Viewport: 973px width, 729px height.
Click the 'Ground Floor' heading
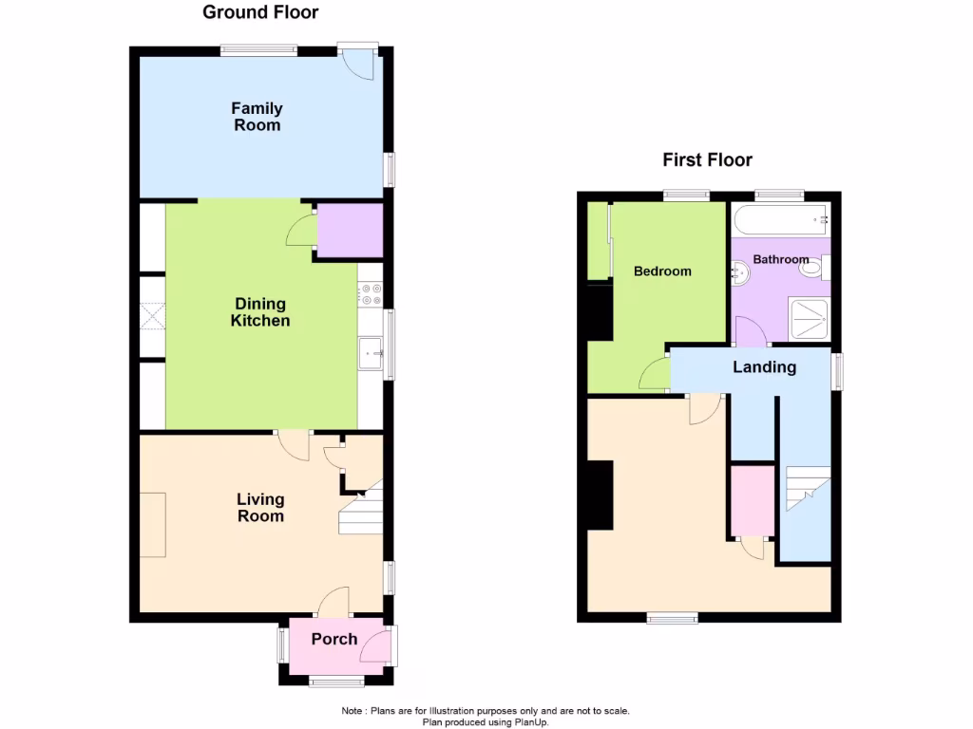pos(260,12)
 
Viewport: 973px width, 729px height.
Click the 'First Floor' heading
pos(707,159)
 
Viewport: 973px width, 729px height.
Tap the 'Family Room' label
pos(257,117)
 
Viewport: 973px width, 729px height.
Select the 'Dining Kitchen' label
pos(260,312)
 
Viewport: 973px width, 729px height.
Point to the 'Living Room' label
pos(260,508)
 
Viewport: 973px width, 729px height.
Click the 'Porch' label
pos(334,639)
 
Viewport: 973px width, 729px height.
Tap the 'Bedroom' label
pos(662,271)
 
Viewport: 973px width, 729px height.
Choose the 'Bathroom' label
pos(781,259)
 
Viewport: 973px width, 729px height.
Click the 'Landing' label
pos(764,367)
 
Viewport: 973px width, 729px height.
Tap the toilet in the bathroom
pos(811,269)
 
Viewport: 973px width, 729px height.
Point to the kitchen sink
pos(370,353)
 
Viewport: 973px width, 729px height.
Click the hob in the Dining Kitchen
pos(370,296)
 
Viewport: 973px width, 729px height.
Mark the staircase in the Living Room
pos(361,509)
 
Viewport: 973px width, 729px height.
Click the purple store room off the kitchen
pos(349,231)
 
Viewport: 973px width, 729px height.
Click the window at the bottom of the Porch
pos(337,680)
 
